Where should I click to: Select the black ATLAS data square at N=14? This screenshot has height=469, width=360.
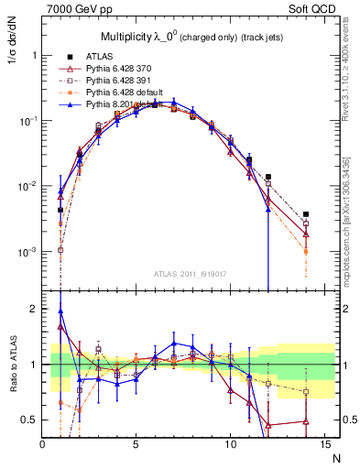(305, 214)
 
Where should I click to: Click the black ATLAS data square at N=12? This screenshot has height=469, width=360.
(267, 177)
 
